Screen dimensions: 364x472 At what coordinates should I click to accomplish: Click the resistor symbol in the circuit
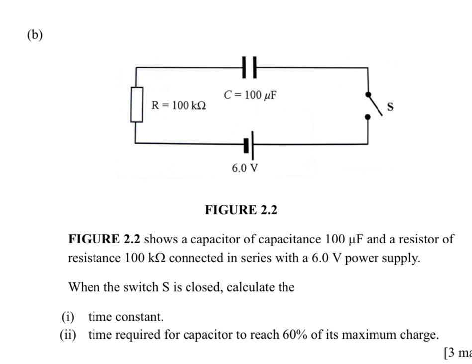pos(137,104)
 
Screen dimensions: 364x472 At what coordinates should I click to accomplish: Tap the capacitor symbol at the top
pos(250,68)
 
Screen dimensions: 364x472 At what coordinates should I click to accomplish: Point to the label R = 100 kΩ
pos(179,105)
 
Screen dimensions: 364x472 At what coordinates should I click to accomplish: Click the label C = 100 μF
pos(250,94)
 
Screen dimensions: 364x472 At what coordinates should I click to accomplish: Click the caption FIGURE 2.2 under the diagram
pos(240,211)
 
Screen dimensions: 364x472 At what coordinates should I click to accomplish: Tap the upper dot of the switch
pos(368,94)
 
